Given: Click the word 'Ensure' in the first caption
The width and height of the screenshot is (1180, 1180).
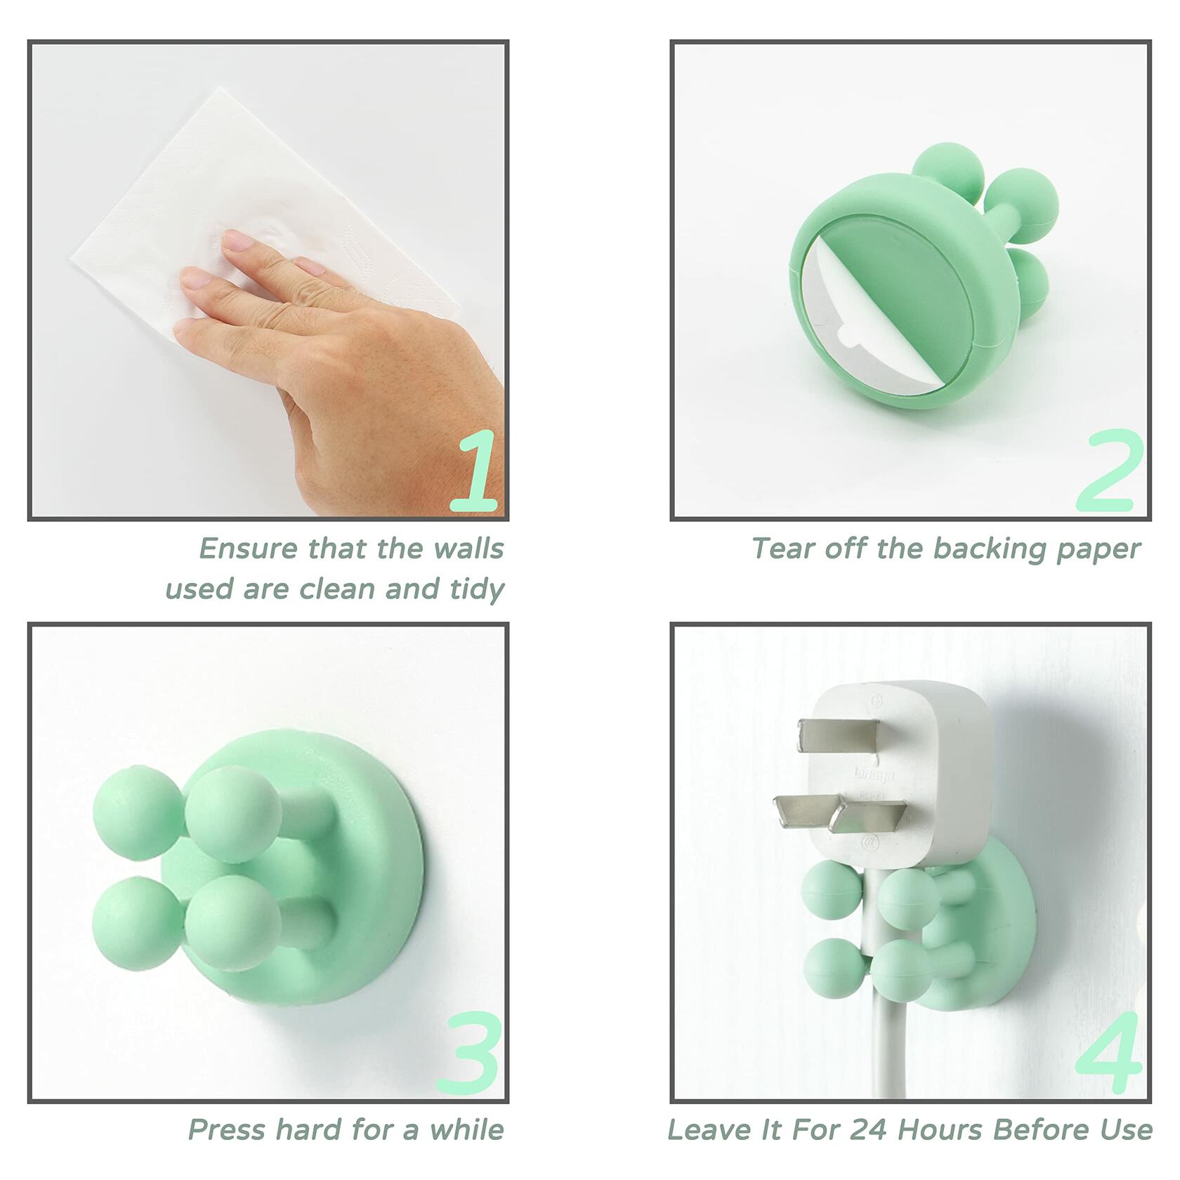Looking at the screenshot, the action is click(249, 548).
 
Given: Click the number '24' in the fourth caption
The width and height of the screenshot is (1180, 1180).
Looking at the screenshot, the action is click(867, 1130).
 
